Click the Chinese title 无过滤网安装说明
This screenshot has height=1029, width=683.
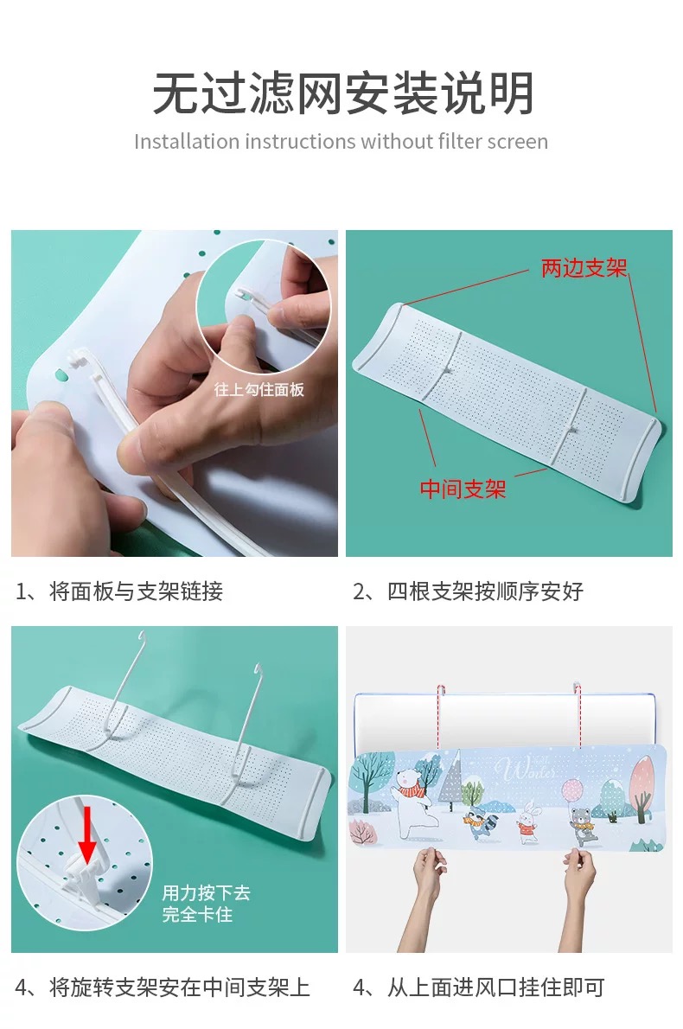coord(342,94)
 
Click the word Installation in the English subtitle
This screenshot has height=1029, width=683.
coord(187,142)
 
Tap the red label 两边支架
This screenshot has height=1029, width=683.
coord(584,268)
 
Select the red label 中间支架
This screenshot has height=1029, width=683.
coord(463,489)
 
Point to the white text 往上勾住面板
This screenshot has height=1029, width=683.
coord(259,389)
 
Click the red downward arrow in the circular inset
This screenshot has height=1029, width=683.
coord(86,834)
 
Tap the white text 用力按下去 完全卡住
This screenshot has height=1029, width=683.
coord(206,903)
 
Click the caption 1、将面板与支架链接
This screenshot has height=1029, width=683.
coord(119,591)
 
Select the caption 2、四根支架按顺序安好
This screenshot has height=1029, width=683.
coord(468,591)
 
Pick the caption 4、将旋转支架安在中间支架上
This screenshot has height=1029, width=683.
coord(162,987)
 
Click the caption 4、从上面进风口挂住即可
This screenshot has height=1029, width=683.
coord(478,987)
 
